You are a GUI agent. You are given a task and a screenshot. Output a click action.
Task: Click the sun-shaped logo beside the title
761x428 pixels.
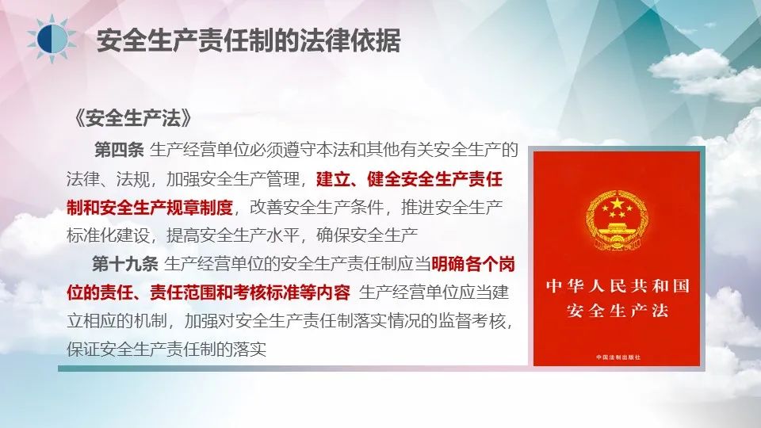pyautogui.click(x=52, y=39)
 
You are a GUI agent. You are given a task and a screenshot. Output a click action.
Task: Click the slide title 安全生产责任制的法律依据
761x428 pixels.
pyautogui.click(x=248, y=40)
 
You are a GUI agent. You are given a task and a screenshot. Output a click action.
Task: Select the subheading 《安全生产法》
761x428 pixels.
pyautogui.click(x=133, y=118)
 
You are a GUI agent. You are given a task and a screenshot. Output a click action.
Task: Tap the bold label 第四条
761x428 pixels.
pyautogui.click(x=119, y=150)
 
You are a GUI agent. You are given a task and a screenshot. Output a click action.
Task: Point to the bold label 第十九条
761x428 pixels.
pyautogui.click(x=125, y=264)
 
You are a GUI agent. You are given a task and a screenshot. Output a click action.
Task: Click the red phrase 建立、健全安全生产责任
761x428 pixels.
pyautogui.click(x=409, y=179)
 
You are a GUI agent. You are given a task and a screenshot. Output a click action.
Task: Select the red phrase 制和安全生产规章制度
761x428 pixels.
pyautogui.click(x=150, y=208)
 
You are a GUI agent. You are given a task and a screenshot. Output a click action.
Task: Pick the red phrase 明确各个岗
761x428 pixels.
pyautogui.click(x=473, y=264)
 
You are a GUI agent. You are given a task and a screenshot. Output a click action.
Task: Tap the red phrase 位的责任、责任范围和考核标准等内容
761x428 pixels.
pyautogui.click(x=208, y=292)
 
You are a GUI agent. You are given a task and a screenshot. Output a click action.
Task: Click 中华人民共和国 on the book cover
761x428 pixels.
pyautogui.click(x=618, y=286)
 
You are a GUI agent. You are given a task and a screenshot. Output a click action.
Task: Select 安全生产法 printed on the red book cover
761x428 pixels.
pyautogui.click(x=618, y=310)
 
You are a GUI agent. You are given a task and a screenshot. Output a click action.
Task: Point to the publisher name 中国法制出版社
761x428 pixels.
pyautogui.click(x=618, y=357)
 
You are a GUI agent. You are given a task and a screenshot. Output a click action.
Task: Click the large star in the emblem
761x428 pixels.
pyautogui.click(x=617, y=203)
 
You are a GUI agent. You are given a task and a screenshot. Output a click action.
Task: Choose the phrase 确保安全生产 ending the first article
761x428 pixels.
pyautogui.click(x=367, y=236)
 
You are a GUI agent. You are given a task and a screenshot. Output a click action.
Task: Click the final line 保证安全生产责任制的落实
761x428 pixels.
pyautogui.click(x=166, y=350)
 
